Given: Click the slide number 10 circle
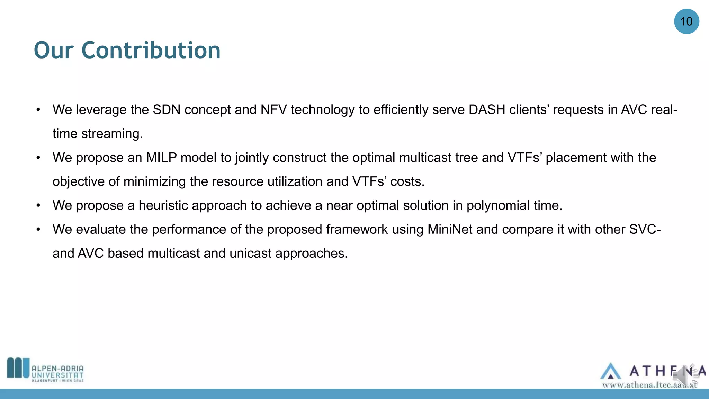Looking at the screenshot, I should pos(686,21).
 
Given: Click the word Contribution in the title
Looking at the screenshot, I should pos(151,51).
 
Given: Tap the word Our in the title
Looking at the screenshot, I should pos(54,51).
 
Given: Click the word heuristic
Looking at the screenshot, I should pos(165,206).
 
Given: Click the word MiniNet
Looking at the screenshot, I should pos(450,230).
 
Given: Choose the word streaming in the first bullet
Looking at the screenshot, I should pos(112,134).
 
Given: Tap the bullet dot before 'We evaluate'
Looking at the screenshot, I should pos(38,229).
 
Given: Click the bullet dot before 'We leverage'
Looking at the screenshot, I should pos(38,110).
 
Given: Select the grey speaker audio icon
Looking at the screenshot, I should pos(685,376).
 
